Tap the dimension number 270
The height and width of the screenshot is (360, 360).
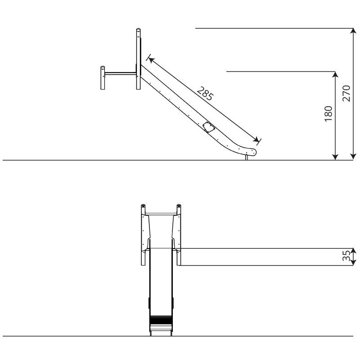coord(346,93)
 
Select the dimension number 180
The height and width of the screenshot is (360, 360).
coord(328,114)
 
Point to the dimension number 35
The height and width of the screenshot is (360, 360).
coord(346,256)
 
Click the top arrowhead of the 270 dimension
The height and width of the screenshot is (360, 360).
coord(353,31)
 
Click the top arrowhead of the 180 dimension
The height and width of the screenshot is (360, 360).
coord(335,74)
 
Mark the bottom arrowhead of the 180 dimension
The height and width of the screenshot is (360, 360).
coord(335,157)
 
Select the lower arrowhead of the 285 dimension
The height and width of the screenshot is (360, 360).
coord(256,139)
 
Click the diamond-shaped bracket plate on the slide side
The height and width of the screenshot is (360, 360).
coord(208,127)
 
